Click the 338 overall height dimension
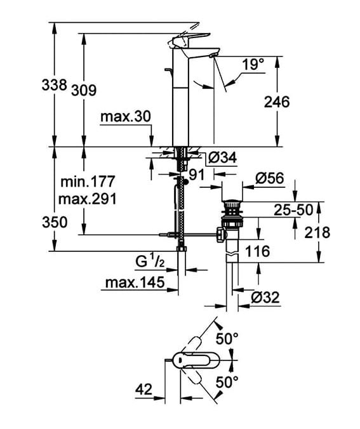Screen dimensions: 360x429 [x=54, y=84]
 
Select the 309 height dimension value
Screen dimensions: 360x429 [x=84, y=90]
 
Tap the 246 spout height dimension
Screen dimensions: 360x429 [x=277, y=102]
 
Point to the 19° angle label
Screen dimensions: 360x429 [x=253, y=65]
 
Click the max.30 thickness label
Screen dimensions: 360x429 [x=126, y=117]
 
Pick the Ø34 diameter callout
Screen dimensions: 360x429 [x=222, y=157]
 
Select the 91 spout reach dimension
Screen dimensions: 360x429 [x=197, y=175]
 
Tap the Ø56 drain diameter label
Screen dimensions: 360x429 [x=270, y=178]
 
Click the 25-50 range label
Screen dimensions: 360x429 [x=293, y=210]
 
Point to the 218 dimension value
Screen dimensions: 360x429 [x=317, y=232]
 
